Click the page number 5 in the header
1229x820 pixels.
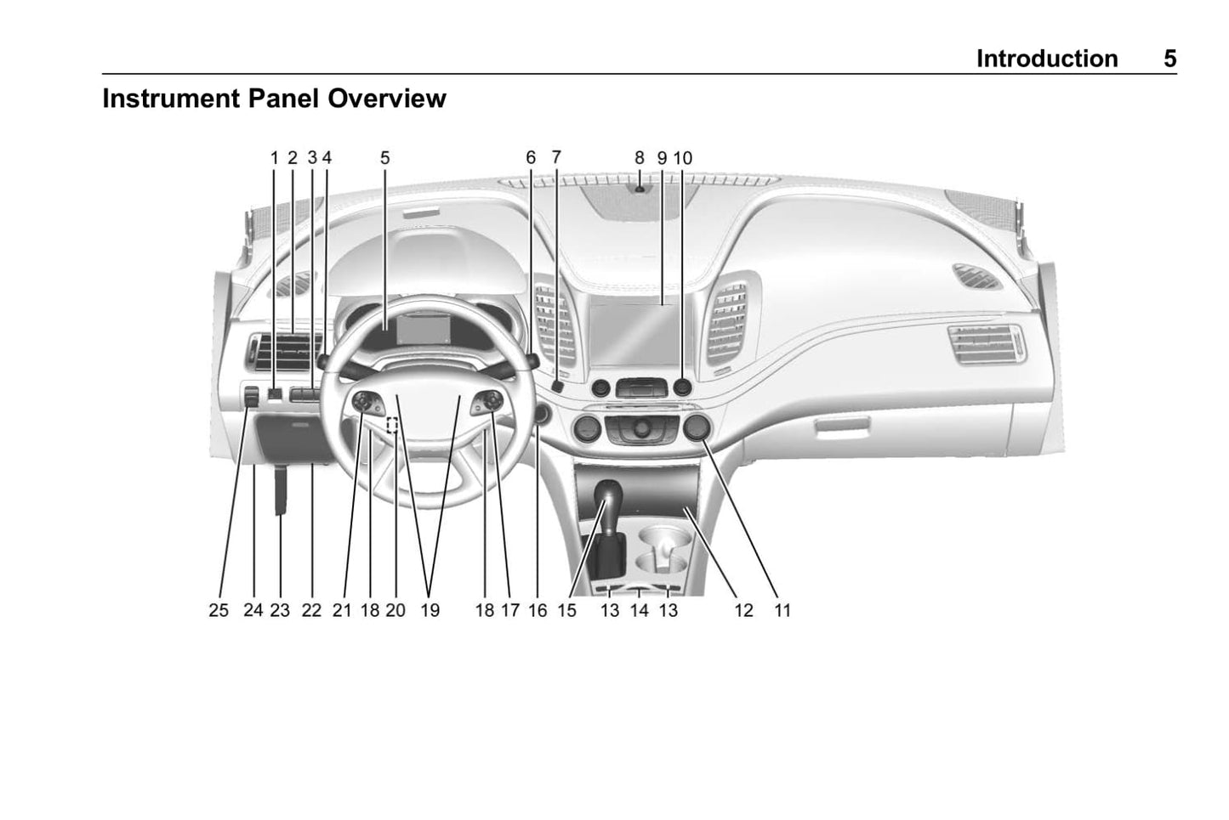[1169, 59]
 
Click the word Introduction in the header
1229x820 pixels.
[1046, 59]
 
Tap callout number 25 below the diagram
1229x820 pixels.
[219, 610]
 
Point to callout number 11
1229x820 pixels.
[782, 610]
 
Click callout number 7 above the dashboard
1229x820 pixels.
[556, 157]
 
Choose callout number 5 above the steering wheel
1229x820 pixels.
[384, 157]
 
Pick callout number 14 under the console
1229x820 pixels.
[639, 610]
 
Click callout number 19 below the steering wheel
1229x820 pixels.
[430, 610]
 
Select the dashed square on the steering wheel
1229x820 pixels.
[393, 426]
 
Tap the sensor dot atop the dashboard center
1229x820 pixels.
[640, 188]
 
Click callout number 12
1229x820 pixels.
[743, 610]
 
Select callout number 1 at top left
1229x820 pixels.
[275, 157]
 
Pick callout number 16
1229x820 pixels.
[538, 610]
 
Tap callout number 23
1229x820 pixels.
[280, 610]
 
